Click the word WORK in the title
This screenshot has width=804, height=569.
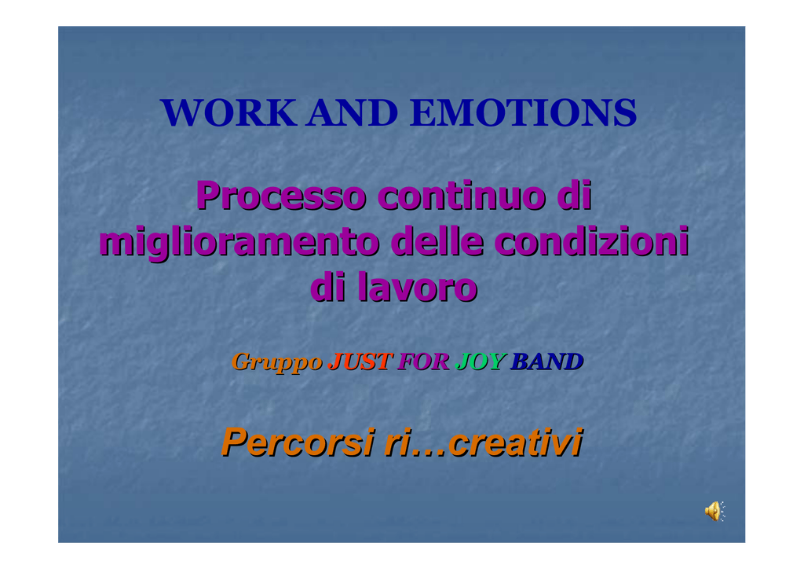click(228, 112)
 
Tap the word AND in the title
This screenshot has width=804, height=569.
click(353, 112)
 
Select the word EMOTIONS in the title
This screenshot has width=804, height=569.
click(524, 112)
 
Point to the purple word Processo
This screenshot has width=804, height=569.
click(282, 196)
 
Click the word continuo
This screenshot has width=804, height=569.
click(463, 196)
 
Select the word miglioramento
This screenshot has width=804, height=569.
click(239, 242)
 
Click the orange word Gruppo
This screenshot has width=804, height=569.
click(277, 362)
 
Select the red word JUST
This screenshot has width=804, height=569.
click(360, 362)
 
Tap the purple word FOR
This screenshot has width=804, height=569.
click(424, 362)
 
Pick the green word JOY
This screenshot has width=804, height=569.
click(481, 362)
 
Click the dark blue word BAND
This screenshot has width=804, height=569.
click(547, 362)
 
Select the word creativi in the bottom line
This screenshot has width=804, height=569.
click(516, 442)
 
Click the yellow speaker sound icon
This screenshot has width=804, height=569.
click(714, 512)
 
